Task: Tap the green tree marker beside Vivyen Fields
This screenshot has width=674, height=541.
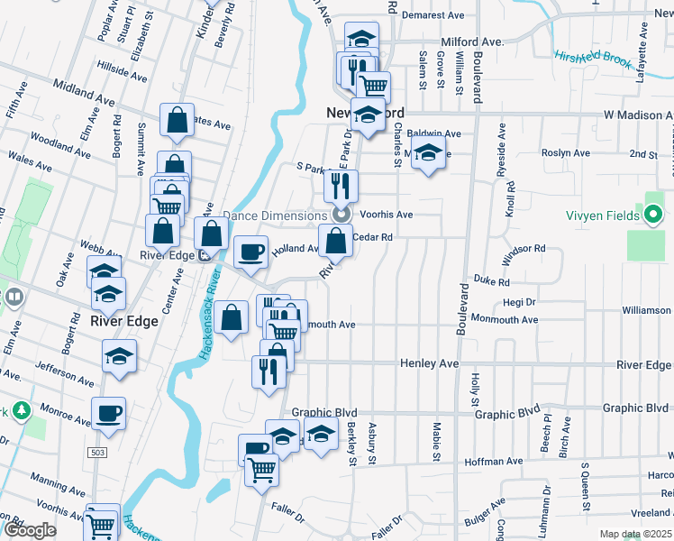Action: (x=654, y=215)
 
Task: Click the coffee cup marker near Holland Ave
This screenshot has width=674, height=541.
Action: (x=250, y=250)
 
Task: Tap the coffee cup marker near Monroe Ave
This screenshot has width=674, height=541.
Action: (x=109, y=413)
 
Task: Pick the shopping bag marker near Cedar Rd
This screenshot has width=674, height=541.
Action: (x=336, y=241)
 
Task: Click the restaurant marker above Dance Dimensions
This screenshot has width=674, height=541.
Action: (x=341, y=186)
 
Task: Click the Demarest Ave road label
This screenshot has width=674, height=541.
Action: (x=433, y=16)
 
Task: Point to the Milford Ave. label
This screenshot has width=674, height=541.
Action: (x=471, y=41)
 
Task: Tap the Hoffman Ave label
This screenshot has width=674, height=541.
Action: (x=494, y=462)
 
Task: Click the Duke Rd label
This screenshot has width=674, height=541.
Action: (x=492, y=281)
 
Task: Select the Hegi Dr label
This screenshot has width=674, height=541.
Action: (x=519, y=302)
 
